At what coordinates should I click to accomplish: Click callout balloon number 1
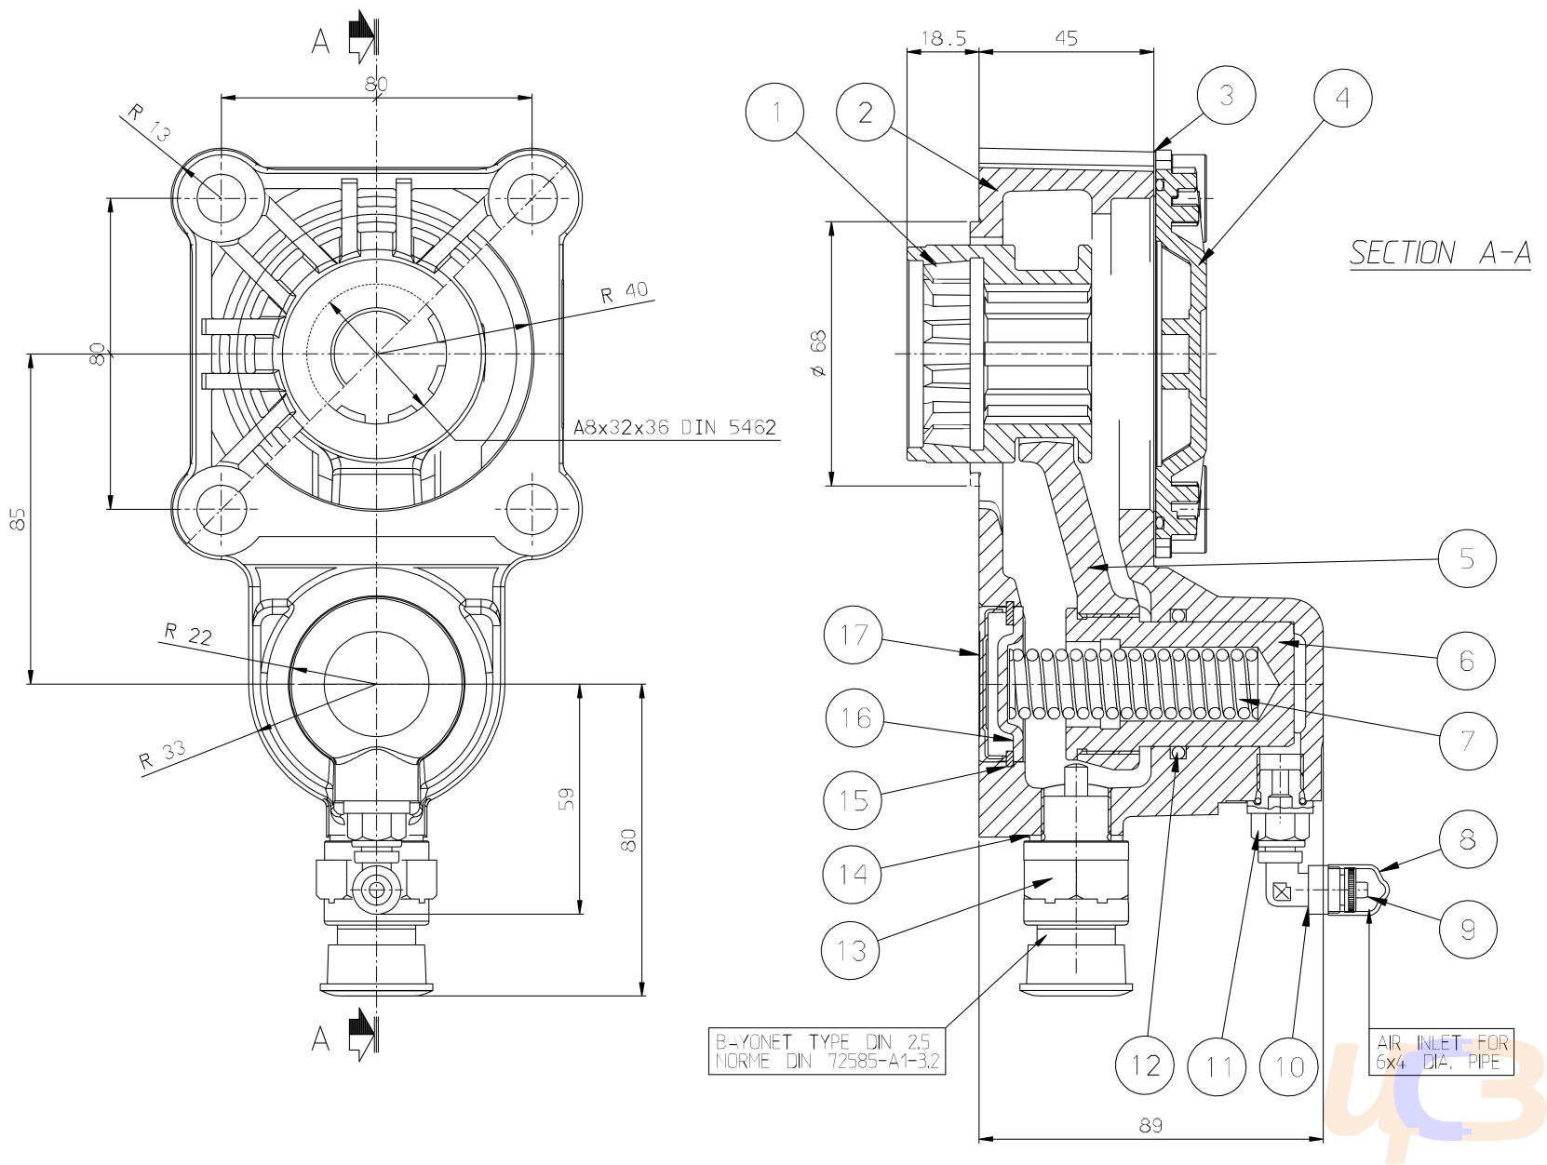[x=775, y=112]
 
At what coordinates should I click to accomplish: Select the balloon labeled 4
[x=1342, y=98]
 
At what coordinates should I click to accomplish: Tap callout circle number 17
[x=853, y=635]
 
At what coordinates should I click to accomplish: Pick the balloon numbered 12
[x=1145, y=1065]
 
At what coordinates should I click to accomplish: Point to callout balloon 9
[x=1467, y=929]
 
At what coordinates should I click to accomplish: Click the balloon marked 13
[x=851, y=950]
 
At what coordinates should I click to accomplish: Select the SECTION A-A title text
[x=1440, y=253]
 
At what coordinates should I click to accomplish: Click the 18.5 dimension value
[x=944, y=38]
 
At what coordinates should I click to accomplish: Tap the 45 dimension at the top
[x=1067, y=38]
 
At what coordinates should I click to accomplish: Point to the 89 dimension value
[x=1150, y=1126]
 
